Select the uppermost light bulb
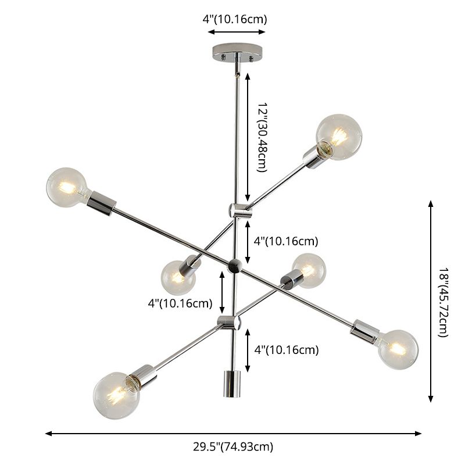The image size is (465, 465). [339, 137]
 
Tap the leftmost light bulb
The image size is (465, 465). [67, 187]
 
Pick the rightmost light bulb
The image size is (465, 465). [398, 349]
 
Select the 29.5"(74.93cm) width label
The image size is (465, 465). [233, 447]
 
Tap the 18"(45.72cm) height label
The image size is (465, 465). [444, 302]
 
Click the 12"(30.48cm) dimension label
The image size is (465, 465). [261, 138]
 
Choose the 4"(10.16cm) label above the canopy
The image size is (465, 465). [235, 19]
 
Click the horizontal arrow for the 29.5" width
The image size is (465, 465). [233, 433]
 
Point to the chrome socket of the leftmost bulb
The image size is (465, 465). [102, 201]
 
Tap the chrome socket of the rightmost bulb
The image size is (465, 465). [365, 332]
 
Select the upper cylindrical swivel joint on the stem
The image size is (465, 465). [238, 210]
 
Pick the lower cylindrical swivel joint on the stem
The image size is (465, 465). [228, 322]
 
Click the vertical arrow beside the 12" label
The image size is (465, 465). [248, 137]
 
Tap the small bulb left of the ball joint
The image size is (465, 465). [177, 277]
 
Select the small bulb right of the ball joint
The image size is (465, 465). [309, 270]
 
